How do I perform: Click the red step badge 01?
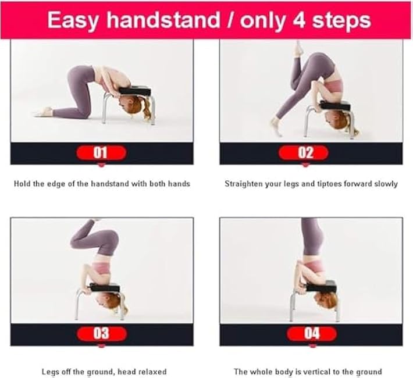click(x=101, y=153)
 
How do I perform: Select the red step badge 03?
click(x=101, y=333)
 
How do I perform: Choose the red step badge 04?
click(x=312, y=333)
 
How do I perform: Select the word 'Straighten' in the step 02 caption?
click(x=243, y=184)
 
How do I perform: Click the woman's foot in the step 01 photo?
click(x=42, y=112)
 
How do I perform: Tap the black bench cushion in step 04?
click(x=318, y=286)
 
